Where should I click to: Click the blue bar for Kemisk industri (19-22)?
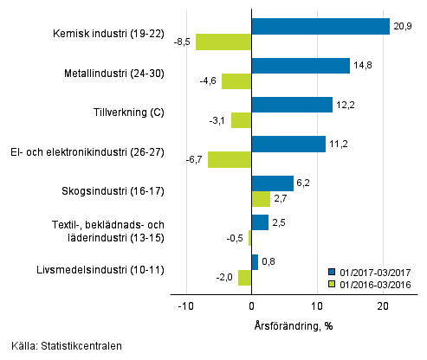click(320, 26)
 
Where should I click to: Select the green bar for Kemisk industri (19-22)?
click(223, 42)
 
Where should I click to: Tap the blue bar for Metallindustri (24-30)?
click(301, 66)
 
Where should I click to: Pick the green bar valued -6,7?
click(230, 159)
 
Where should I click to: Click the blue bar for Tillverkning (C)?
click(292, 105)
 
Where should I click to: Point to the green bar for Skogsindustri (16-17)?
click(261, 198)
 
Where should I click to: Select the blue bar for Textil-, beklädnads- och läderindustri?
click(260, 222)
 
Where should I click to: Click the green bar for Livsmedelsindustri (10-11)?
click(245, 278)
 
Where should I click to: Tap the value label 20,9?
click(403, 26)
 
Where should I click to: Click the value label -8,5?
click(183, 42)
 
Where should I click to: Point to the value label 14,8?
click(363, 66)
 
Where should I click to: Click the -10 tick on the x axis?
click(185, 305)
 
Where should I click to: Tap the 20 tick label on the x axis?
click(383, 305)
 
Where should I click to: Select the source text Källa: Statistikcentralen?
click(61, 346)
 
